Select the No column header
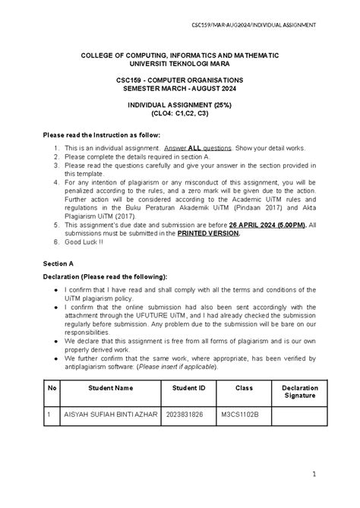tap(52, 387)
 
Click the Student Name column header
tap(109, 387)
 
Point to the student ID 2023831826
tap(183, 415)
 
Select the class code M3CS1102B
tap(241, 415)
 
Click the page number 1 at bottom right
tap(312, 475)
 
